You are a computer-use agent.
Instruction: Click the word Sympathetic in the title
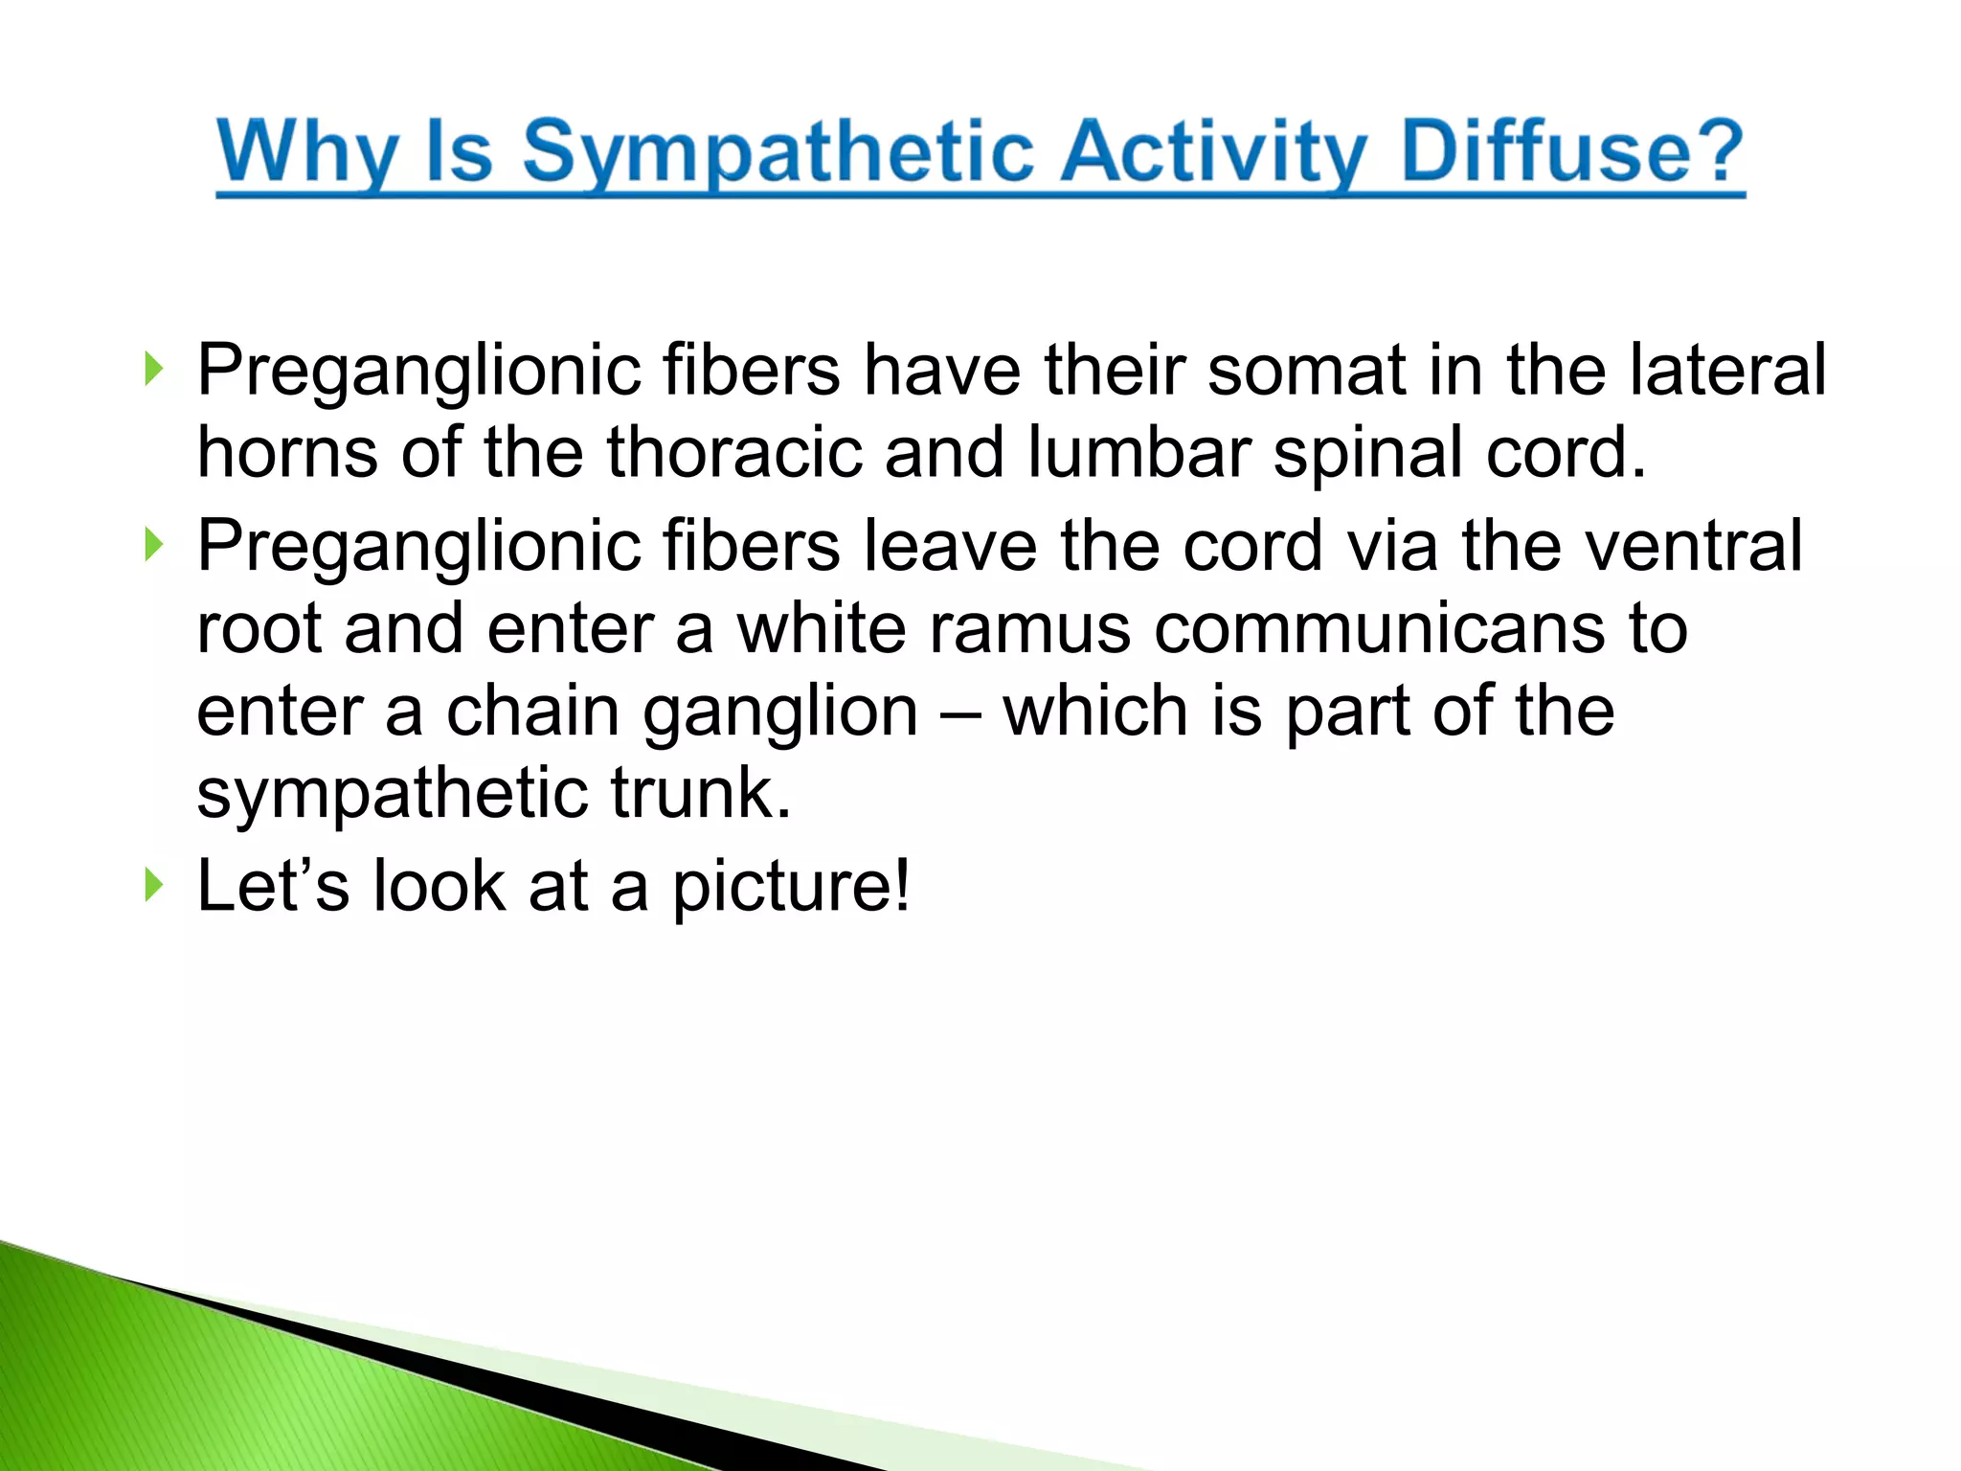(x=778, y=153)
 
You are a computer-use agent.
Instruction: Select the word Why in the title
(x=307, y=153)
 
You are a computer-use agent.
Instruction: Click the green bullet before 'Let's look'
(x=153, y=886)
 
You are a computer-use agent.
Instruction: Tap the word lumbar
(x=1138, y=452)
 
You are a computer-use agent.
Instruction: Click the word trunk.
(x=701, y=794)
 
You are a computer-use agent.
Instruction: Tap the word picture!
(x=790, y=887)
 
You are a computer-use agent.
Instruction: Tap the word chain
(x=532, y=712)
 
